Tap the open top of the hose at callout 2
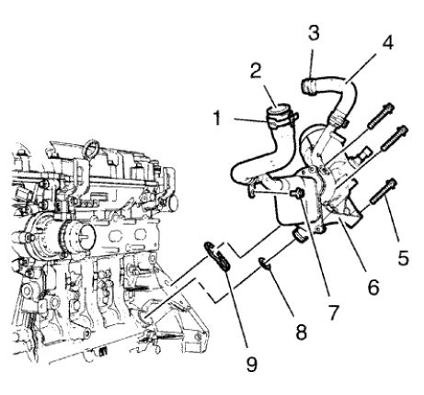[277, 114]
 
